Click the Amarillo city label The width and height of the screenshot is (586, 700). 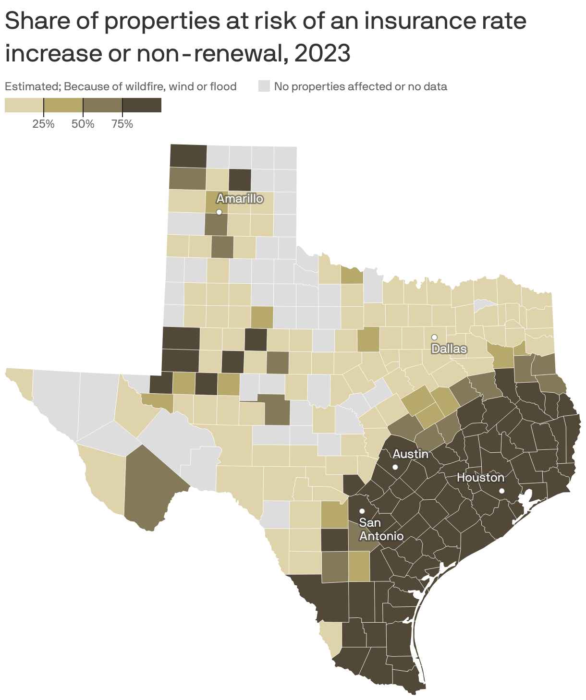click(x=240, y=198)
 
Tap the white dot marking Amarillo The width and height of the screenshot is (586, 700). click(x=219, y=212)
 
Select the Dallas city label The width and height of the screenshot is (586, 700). click(x=449, y=349)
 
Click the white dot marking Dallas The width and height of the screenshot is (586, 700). click(x=434, y=337)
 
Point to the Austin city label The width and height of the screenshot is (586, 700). click(x=410, y=454)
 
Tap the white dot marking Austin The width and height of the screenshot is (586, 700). click(x=395, y=467)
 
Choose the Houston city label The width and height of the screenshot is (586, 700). click(x=480, y=478)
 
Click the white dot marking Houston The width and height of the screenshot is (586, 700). click(x=501, y=491)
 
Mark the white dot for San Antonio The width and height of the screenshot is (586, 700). click(x=362, y=511)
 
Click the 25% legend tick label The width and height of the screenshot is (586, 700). click(x=43, y=124)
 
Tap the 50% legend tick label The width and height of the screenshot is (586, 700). click(x=83, y=124)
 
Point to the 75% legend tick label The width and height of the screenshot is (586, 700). click(x=122, y=124)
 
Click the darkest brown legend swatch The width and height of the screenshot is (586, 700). click(x=142, y=105)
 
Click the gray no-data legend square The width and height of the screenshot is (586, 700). click(x=264, y=86)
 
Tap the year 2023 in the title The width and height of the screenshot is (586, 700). click(x=322, y=53)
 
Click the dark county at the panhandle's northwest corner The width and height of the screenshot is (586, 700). click(x=188, y=155)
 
